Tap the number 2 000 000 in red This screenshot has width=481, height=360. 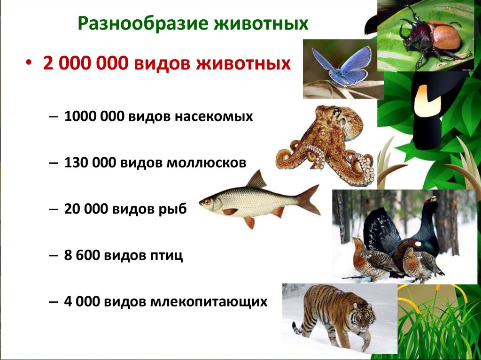pos(85,63)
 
